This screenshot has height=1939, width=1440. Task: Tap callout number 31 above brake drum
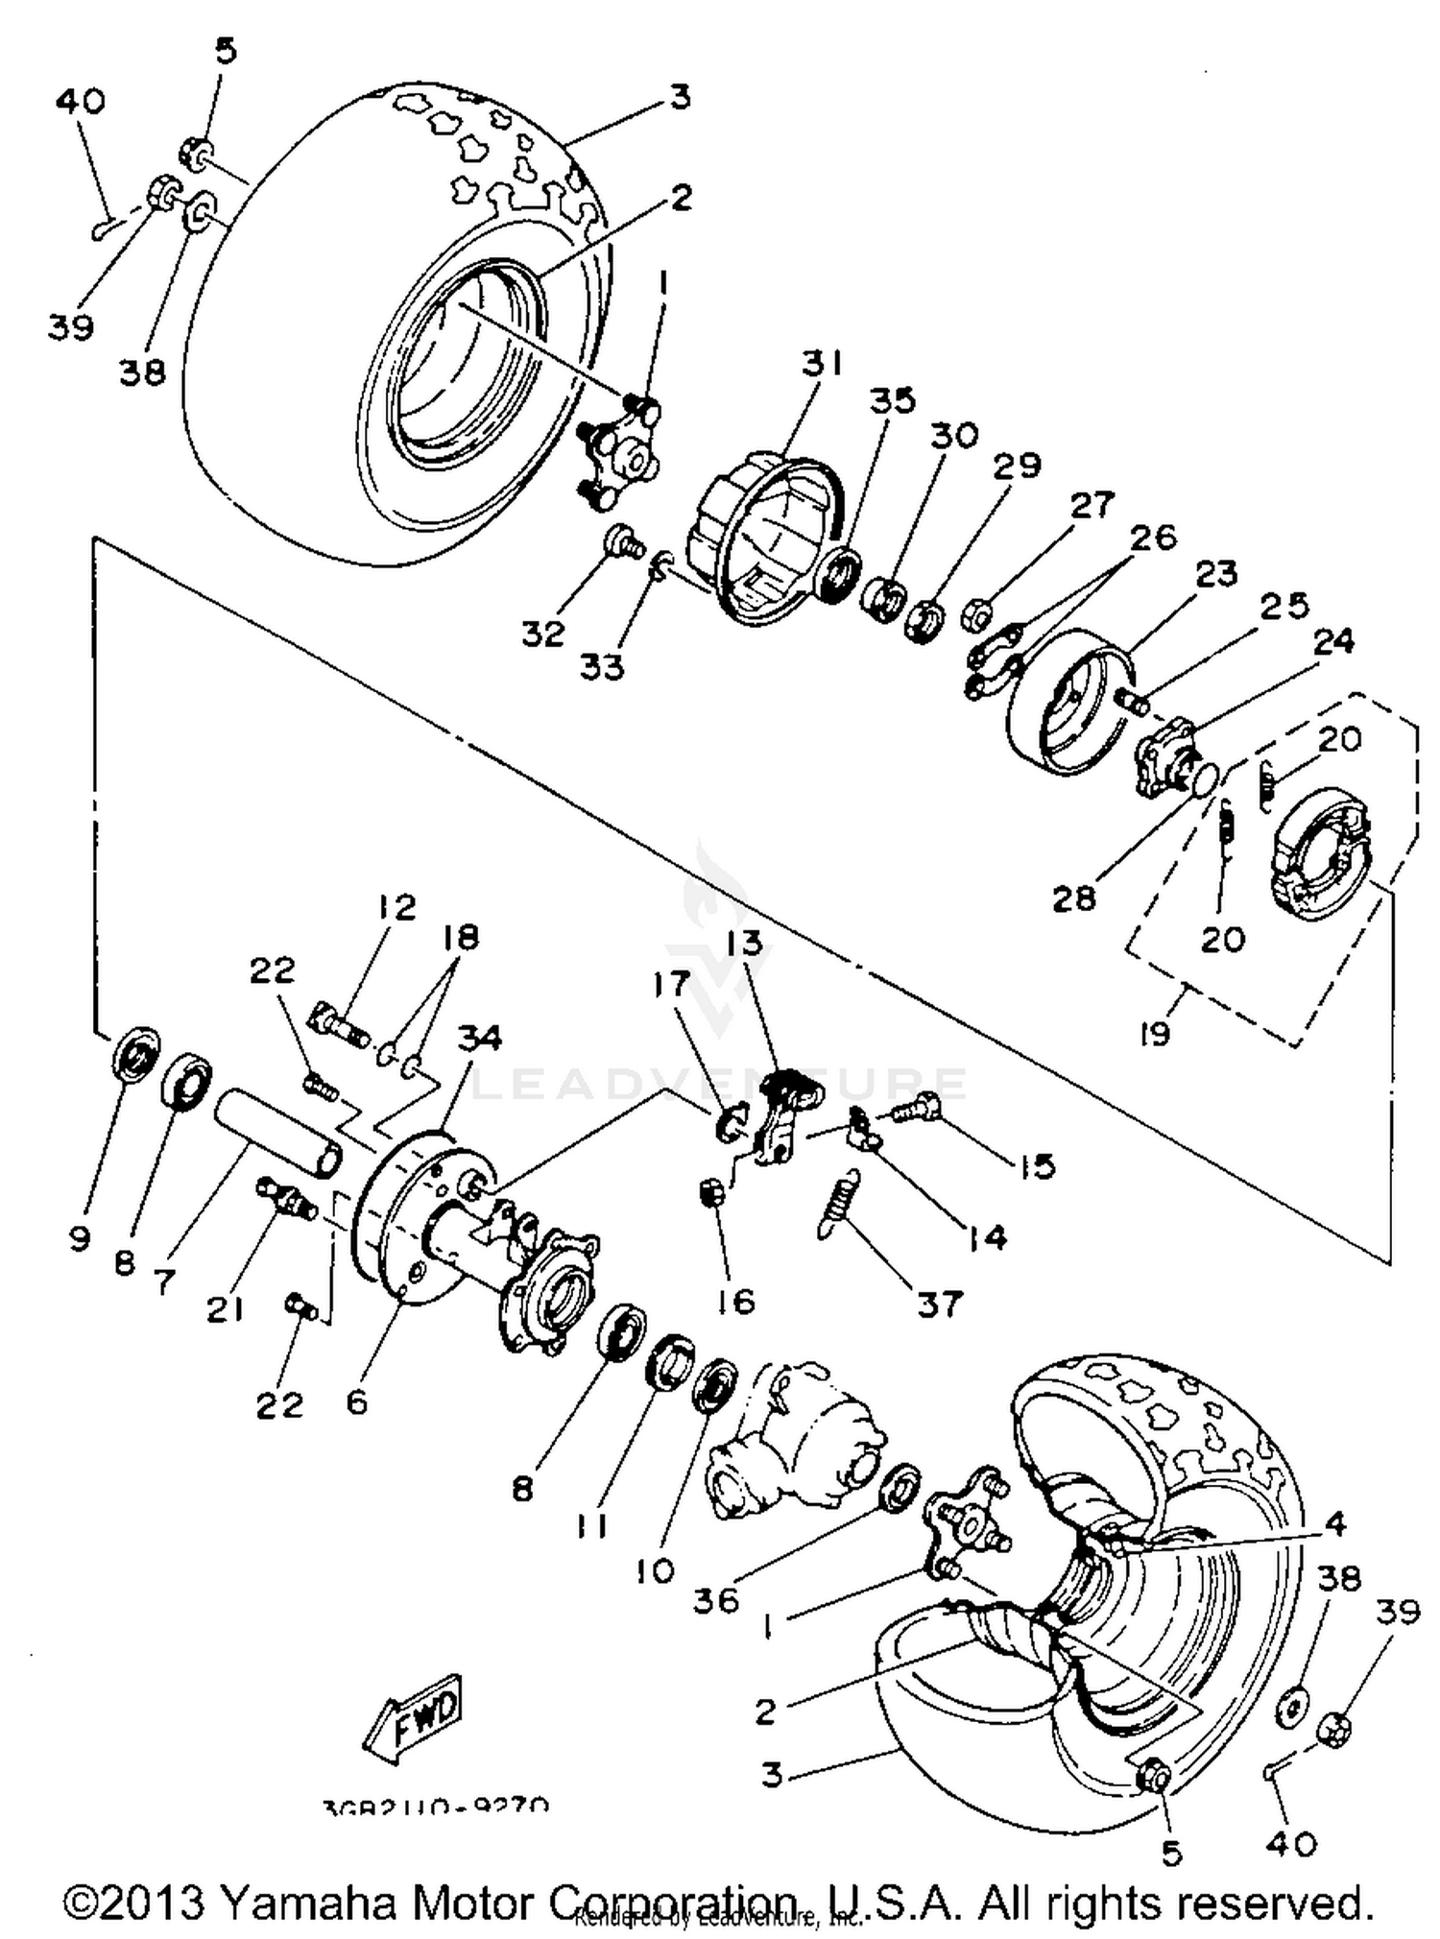(x=822, y=364)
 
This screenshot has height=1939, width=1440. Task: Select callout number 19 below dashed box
(x=1154, y=1034)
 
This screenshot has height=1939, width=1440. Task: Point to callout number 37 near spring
(x=938, y=1304)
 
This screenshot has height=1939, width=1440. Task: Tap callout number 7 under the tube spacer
(x=164, y=1281)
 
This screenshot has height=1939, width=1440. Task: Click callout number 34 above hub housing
(x=478, y=1039)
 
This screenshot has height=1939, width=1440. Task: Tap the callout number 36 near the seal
(x=715, y=1600)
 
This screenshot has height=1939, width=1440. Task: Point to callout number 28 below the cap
(x=1073, y=898)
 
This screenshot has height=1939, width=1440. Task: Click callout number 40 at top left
(x=81, y=101)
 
